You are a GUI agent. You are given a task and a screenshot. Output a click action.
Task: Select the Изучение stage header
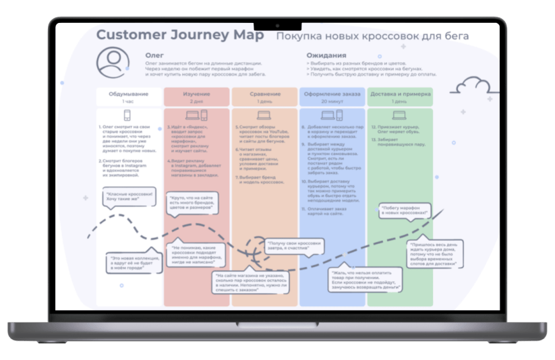(196, 94)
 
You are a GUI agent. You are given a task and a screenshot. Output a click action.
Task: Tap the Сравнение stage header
(264, 94)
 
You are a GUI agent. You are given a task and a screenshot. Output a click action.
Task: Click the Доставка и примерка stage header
(400, 94)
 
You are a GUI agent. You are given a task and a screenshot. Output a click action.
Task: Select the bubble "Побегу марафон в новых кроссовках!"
(404, 211)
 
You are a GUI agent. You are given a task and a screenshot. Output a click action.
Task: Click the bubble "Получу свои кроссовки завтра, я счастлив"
(292, 245)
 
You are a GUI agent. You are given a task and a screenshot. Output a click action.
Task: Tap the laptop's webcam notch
(277, 26)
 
